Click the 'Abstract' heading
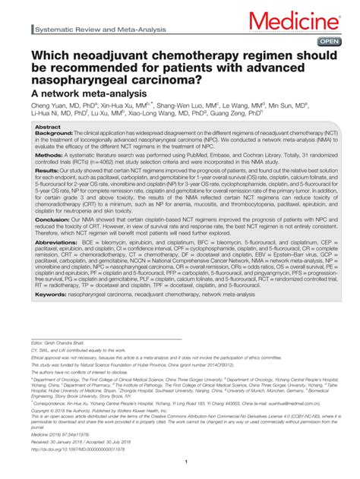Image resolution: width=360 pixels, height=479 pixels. [x=49, y=127]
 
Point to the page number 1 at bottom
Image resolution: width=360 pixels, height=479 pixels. [x=185, y=460]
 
